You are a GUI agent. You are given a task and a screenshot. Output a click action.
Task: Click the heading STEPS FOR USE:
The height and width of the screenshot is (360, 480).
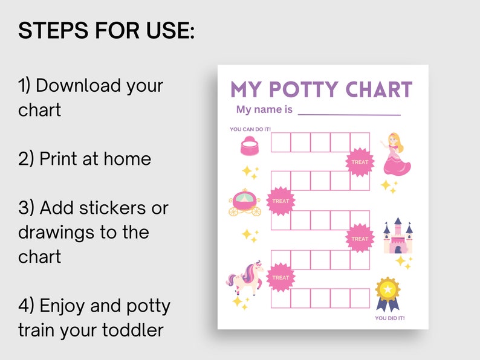(106, 30)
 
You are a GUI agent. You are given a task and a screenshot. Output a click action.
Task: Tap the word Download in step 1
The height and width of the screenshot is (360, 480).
(79, 85)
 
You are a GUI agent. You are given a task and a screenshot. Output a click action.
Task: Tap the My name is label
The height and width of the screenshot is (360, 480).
(264, 110)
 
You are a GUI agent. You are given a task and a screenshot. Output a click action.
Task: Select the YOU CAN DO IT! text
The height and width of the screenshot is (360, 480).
(250, 129)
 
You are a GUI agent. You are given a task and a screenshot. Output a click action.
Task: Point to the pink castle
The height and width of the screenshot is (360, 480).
(398, 236)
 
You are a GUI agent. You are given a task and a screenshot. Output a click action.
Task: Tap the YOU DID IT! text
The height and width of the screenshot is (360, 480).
(390, 318)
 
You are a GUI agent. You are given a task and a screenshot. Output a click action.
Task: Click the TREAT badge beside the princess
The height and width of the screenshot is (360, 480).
(359, 162)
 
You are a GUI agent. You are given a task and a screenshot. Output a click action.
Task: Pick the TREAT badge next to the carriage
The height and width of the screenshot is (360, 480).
(281, 201)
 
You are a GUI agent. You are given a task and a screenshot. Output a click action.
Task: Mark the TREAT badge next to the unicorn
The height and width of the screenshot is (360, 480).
(281, 277)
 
